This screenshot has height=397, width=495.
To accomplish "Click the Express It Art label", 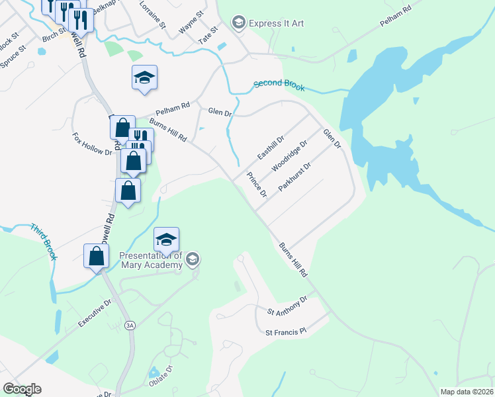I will pos(276,23).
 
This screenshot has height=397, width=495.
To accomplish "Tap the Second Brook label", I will pos(279,85).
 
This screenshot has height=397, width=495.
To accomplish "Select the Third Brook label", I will pos(43,242).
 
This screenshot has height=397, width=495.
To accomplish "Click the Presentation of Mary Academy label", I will pos(150,261).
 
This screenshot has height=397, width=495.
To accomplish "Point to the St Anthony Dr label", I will pos(287,304).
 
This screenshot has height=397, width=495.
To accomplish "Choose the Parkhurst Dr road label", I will pos(294,177).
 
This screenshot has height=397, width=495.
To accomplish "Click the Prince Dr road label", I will pos(256,185).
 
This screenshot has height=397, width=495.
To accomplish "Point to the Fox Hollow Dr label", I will pos(92,143).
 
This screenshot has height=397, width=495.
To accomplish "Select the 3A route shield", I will pos(130,325).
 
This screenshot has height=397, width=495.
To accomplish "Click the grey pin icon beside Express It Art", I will pos(238,23).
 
